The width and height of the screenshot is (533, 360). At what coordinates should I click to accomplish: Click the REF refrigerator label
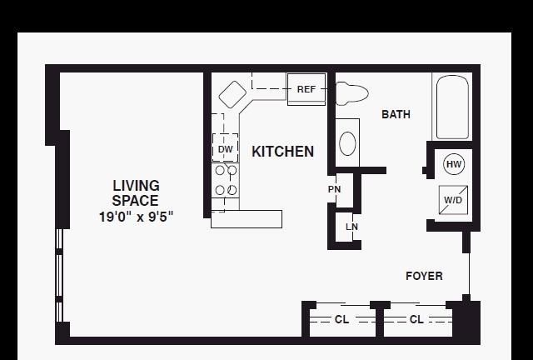(x=306, y=89)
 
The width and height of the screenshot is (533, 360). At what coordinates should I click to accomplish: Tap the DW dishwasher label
(x=226, y=149)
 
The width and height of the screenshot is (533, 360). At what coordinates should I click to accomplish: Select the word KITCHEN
(x=282, y=152)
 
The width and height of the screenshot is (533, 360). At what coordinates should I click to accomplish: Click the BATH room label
(x=396, y=114)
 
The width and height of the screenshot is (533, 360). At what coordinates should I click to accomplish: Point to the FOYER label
(x=424, y=276)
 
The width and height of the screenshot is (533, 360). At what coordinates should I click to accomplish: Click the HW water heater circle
(x=454, y=164)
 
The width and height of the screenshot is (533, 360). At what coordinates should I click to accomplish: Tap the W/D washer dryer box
(x=453, y=200)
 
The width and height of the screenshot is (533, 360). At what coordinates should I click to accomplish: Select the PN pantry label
(x=335, y=189)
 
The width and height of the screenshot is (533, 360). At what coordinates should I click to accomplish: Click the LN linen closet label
(x=351, y=227)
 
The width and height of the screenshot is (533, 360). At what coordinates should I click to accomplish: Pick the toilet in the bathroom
(x=351, y=93)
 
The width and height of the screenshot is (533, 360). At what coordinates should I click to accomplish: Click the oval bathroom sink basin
(x=347, y=143)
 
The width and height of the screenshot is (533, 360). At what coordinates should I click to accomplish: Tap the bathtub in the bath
(x=452, y=107)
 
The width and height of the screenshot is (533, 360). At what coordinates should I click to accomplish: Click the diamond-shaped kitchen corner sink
(x=232, y=94)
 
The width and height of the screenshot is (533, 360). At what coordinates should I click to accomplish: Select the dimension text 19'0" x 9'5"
(x=136, y=217)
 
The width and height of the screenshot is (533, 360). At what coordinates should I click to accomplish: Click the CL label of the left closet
(x=341, y=319)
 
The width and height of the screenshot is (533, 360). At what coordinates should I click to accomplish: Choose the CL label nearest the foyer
(x=416, y=319)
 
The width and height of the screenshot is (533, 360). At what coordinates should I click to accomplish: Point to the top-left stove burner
(x=220, y=170)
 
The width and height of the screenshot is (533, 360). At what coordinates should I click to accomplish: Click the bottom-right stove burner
(x=232, y=190)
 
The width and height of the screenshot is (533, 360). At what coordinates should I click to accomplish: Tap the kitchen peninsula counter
(x=247, y=219)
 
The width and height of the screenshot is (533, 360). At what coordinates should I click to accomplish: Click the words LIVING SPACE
(x=136, y=193)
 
